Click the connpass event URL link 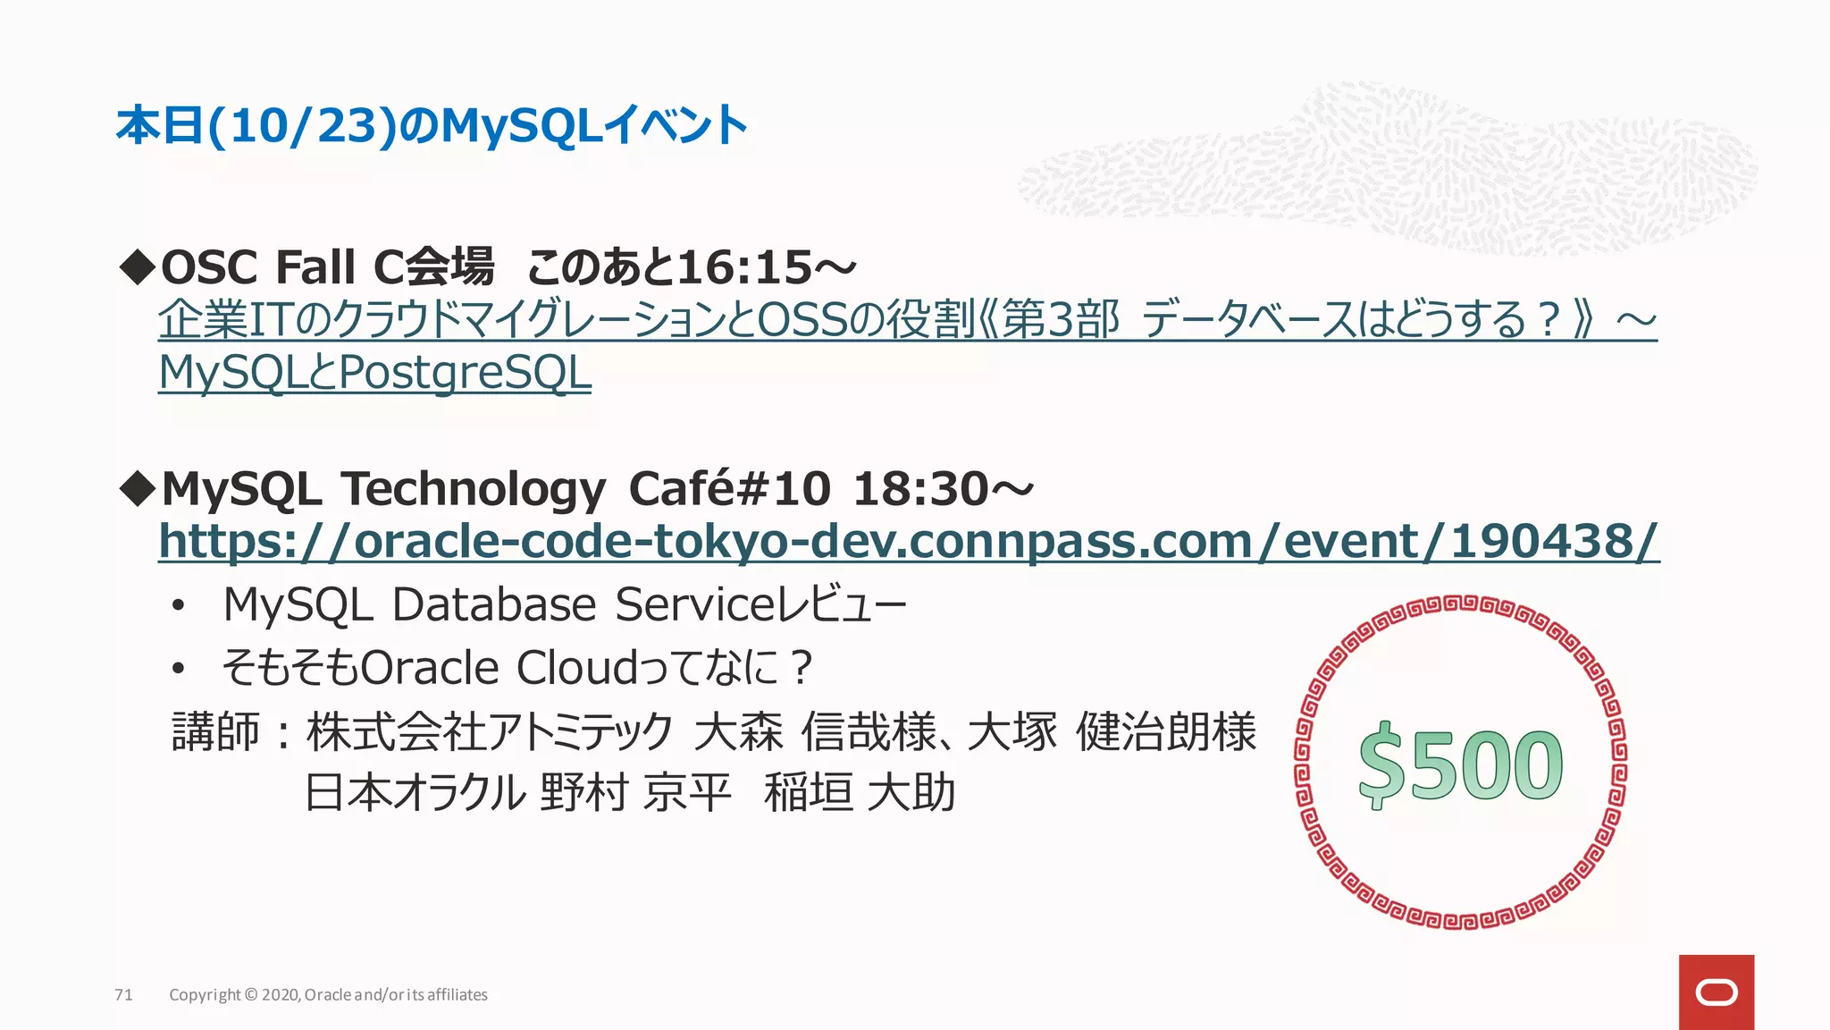pos(909,542)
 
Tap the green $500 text pos(1460,765)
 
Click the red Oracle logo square pos(1716,992)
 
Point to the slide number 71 pos(123,995)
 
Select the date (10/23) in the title pos(302,126)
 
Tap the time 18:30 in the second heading pos(920,489)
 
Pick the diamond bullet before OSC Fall pos(138,267)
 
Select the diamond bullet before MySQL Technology pos(138,489)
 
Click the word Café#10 pos(729,489)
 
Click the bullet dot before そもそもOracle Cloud pos(179,669)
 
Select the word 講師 pos(215,732)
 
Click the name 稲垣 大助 pos(860,793)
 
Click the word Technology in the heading pos(474,489)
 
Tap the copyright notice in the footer pos(328,995)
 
